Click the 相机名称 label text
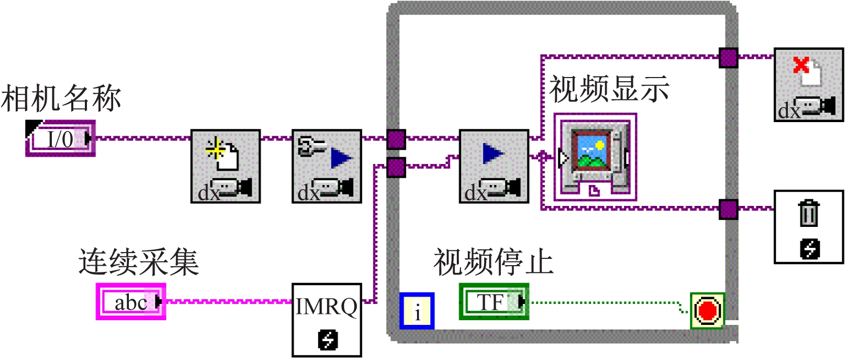(61, 99)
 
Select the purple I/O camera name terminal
(60, 139)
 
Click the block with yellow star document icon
(225, 166)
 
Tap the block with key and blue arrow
(326, 166)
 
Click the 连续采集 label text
(138, 262)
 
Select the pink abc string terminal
(131, 302)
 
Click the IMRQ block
(326, 320)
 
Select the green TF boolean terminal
(493, 302)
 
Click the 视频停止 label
(493, 262)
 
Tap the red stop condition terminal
(707, 311)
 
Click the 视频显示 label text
(609, 89)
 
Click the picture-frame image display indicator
(595, 157)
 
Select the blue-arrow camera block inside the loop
(493, 166)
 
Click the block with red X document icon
(808, 85)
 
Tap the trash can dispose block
(808, 226)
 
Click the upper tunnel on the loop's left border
(396, 139)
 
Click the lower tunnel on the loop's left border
(396, 168)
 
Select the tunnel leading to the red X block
(728, 58)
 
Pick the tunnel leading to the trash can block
(728, 209)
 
